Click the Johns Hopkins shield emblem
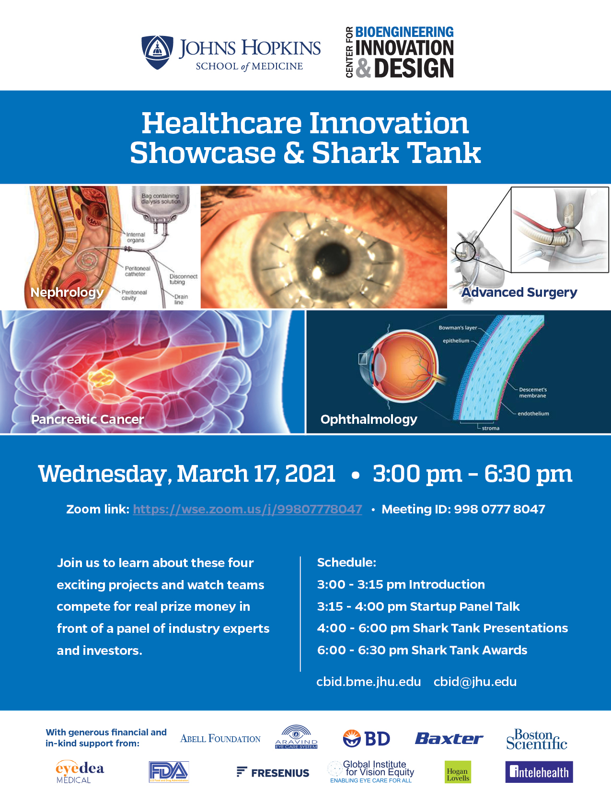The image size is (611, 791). [x=157, y=52]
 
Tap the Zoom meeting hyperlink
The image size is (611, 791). [x=247, y=509]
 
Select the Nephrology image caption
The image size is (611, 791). [x=67, y=292]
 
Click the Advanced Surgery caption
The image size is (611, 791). [x=519, y=292]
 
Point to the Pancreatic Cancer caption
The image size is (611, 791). [x=88, y=419]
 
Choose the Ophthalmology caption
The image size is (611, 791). [x=369, y=419]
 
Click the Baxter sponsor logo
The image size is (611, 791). [x=449, y=739]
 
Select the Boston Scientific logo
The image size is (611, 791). [x=537, y=740]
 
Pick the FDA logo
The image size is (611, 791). [x=169, y=772]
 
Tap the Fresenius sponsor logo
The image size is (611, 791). [x=273, y=772]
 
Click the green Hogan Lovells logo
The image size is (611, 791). [x=458, y=772]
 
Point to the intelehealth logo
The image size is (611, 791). [x=539, y=772]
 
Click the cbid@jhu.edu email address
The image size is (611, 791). [x=475, y=682]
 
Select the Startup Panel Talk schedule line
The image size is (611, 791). [x=418, y=606]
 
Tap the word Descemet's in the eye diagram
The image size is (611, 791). [x=532, y=390]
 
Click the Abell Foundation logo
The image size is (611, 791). [x=220, y=739]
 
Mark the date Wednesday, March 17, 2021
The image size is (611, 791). [x=187, y=474]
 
